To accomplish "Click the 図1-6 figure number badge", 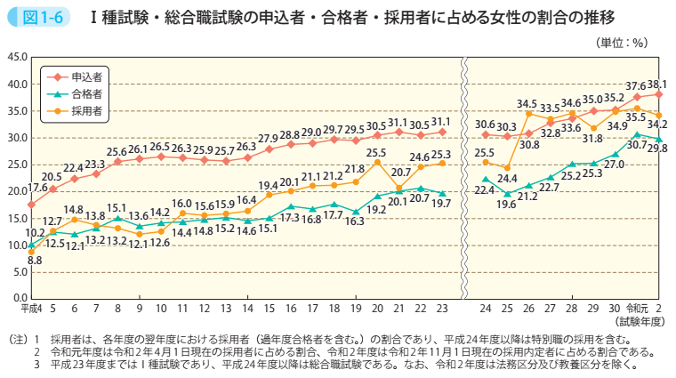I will click(x=29, y=17).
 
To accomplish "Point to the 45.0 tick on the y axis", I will click(x=16, y=58).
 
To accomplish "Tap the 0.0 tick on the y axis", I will click(x=19, y=298).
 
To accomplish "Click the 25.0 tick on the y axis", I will click(x=16, y=165).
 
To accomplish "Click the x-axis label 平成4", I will click(x=31, y=309).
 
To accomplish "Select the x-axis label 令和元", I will click(x=637, y=309).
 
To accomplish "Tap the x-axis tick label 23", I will click(x=442, y=309).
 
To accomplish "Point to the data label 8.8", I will click(x=35, y=261).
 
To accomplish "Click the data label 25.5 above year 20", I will click(x=377, y=152).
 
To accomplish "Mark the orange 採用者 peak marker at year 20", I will click(x=377, y=162).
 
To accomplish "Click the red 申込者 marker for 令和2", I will click(x=659, y=94).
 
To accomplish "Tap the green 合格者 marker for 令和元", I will click(x=637, y=134).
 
